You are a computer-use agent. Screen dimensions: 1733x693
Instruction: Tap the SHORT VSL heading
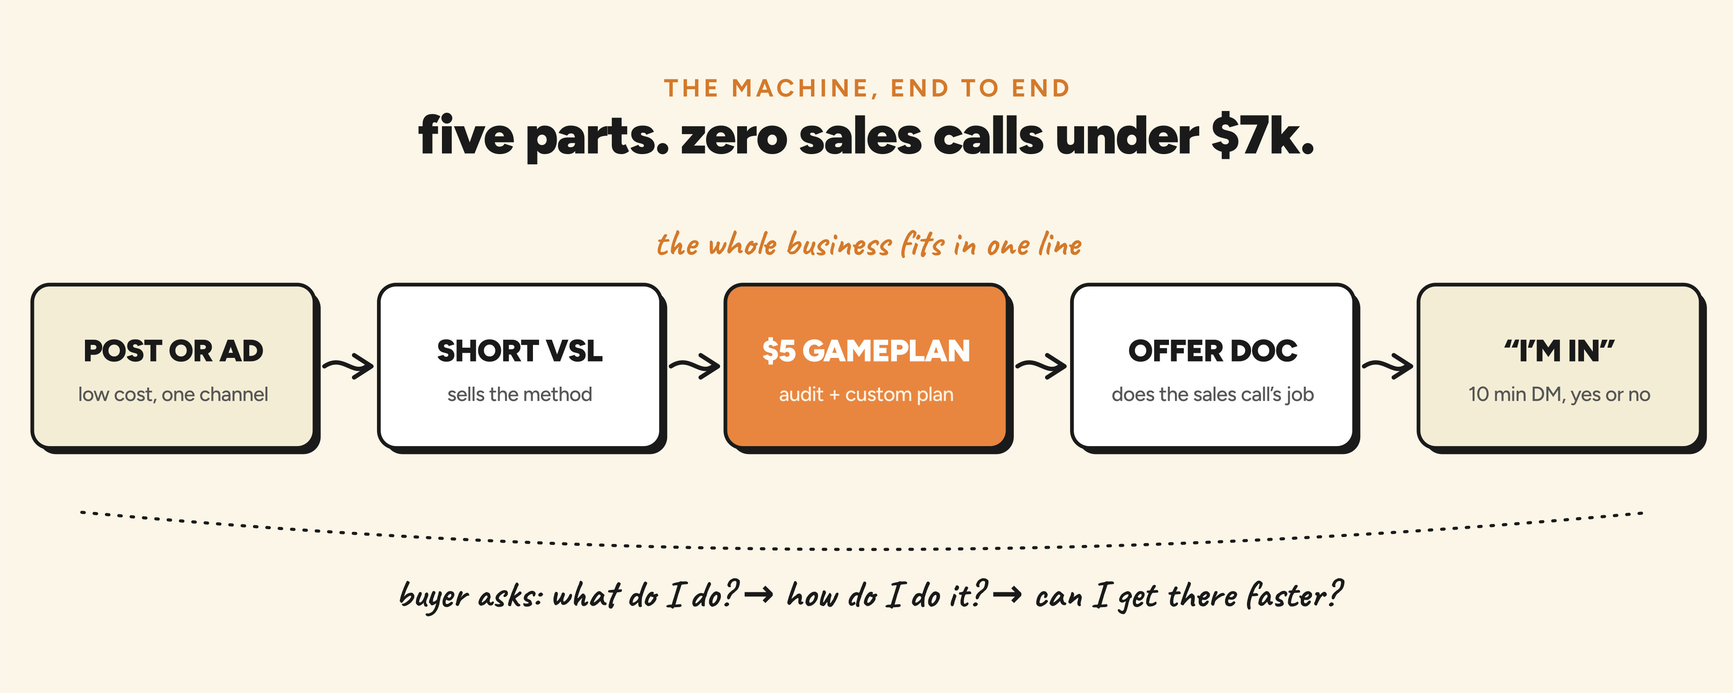click(x=519, y=350)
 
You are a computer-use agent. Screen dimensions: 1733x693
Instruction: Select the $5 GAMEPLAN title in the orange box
click(x=866, y=350)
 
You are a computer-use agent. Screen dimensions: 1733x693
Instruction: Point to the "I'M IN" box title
click(x=1559, y=350)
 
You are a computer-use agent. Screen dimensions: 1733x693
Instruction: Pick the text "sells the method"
click(x=519, y=394)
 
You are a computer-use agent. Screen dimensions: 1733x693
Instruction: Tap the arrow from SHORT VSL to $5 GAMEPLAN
click(x=694, y=365)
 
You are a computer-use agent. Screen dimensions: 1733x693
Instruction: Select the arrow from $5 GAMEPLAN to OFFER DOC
click(x=1041, y=365)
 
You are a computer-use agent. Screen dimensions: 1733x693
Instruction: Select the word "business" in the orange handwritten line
click(x=840, y=244)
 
